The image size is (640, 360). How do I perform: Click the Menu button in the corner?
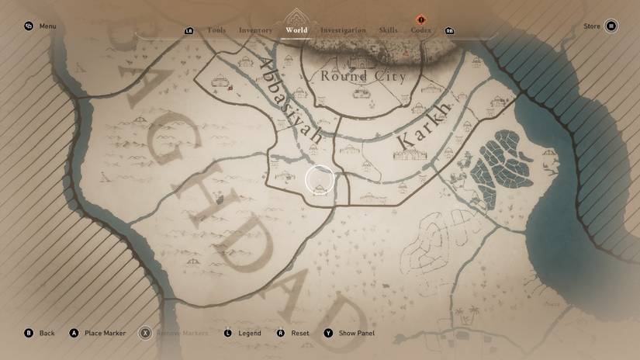pos(40,26)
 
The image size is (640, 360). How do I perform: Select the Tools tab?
pos(216,30)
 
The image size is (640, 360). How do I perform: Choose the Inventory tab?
pos(255,30)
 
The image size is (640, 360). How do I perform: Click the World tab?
pos(296,30)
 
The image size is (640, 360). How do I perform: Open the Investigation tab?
pos(343,30)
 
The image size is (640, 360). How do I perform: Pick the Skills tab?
pos(388,30)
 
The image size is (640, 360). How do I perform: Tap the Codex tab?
pos(421,30)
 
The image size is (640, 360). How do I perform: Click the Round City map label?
pos(363,76)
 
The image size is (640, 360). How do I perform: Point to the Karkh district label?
pos(424,125)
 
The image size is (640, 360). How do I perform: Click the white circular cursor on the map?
pos(319,180)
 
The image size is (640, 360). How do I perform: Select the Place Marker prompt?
pos(98,333)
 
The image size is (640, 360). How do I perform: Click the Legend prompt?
pos(242,333)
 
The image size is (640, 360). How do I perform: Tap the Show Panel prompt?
pos(349,333)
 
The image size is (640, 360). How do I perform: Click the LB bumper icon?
pos(189,31)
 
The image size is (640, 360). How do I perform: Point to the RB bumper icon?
pos(450,31)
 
